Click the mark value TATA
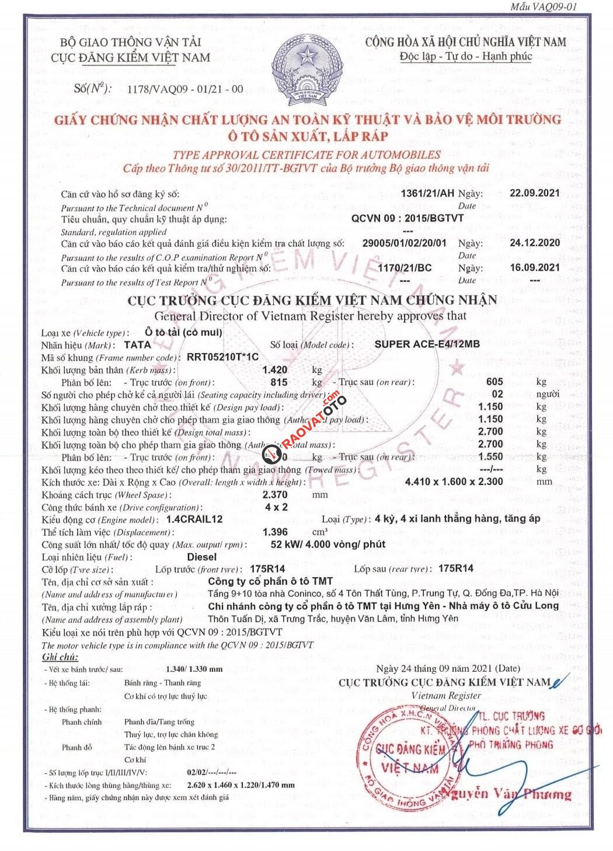click(x=138, y=344)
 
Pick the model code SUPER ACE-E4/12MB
click(x=427, y=344)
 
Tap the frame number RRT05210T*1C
click(x=222, y=357)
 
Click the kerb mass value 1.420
click(x=276, y=369)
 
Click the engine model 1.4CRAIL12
click(x=194, y=519)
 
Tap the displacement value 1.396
click(x=276, y=532)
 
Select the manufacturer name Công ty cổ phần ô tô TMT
click(x=270, y=581)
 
